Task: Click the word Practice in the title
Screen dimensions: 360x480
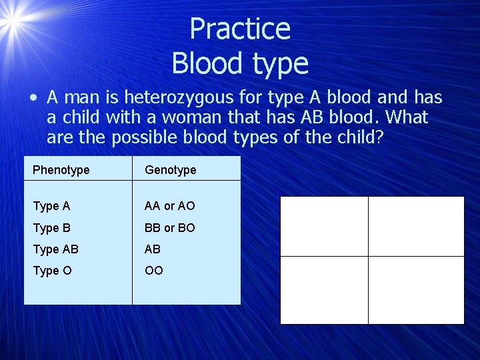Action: pos(239,29)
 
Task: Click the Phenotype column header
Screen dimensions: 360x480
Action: pos(61,170)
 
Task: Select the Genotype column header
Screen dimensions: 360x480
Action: pos(171,170)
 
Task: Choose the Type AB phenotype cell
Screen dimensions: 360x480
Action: pos(55,249)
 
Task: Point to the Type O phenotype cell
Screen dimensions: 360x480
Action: pos(51,270)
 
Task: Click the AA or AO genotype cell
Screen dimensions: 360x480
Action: pos(169,206)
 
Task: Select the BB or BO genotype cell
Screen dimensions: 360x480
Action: pos(169,227)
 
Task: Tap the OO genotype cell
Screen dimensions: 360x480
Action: pos(153,270)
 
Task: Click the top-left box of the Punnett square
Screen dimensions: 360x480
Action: pos(324,226)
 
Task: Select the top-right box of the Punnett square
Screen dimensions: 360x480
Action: pos(416,226)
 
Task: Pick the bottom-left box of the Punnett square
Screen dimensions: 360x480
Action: pos(324,290)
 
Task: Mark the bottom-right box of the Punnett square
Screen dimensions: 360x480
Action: pos(416,290)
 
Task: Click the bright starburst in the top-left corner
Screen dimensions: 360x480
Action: pos(12,23)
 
